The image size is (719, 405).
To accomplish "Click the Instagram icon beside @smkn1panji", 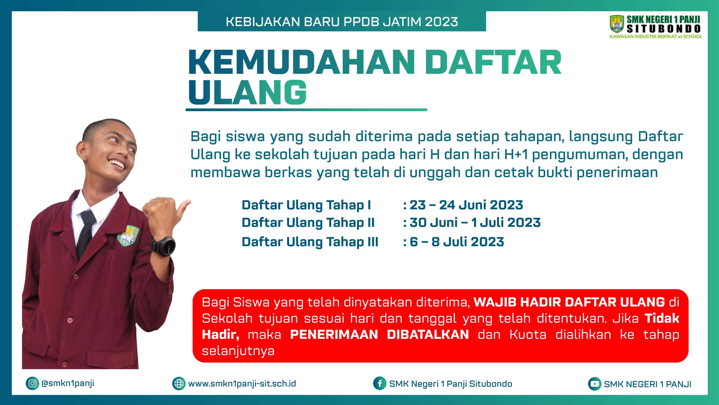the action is pos(32,383).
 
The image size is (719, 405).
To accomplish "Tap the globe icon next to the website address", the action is pos(179,384).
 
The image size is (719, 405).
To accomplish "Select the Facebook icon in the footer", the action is pos(380,383).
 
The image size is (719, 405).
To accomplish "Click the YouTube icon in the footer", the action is pos(595,384).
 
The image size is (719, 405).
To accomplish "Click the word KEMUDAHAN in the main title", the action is pos(302,62).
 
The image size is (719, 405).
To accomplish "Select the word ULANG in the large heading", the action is pos(247,92).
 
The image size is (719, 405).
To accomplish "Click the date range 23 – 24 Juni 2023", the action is pos(466,205).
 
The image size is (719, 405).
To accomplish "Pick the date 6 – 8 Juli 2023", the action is pos(457,242).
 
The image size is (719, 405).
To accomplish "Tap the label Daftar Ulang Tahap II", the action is pos(308,223).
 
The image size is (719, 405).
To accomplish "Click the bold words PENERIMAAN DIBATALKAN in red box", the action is pos(379,334).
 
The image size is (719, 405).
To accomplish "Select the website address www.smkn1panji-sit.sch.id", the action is pos(242,384).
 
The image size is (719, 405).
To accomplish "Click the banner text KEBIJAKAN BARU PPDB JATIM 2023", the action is pos(342,22).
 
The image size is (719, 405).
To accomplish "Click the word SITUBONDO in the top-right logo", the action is pos(664,29).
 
